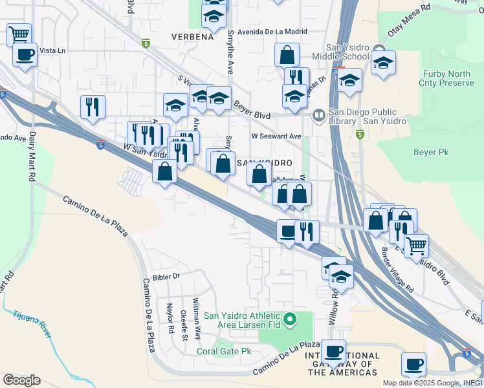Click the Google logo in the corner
pyautogui.click(x=21, y=380)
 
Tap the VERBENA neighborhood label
pyautogui.click(x=192, y=37)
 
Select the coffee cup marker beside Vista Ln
pyautogui.click(x=25, y=56)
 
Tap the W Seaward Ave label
pyautogui.click(x=276, y=136)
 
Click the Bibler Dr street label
pyautogui.click(x=165, y=275)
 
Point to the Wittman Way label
pyautogui.click(x=196, y=314)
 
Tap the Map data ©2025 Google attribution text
pyautogui.click(x=432, y=382)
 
